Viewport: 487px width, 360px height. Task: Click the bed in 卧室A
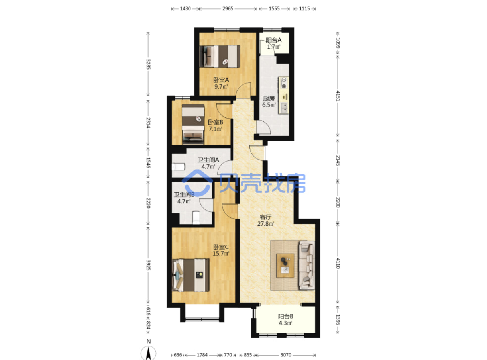pos(220,56)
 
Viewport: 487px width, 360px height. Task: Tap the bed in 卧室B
pos(193,124)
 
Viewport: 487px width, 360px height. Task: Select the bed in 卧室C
pos(190,275)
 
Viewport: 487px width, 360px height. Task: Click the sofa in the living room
pos(307,265)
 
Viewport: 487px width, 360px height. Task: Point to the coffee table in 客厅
pos(285,266)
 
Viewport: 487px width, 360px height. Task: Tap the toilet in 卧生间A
pos(178,167)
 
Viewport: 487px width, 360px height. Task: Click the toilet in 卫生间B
pos(196,217)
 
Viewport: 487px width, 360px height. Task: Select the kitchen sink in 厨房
pos(284,108)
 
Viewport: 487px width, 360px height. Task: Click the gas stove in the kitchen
pos(283,83)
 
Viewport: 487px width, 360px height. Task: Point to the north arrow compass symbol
pos(149,353)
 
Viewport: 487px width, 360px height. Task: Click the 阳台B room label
pos(285,316)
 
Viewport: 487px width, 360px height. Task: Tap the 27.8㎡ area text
pos(266,224)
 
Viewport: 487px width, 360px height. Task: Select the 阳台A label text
pos(273,40)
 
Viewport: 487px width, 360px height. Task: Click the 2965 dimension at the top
pos(228,8)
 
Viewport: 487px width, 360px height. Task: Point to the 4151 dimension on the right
pos(338,96)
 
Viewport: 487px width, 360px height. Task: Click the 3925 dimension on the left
pos(148,265)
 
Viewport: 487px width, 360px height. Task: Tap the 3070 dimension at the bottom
pos(286,355)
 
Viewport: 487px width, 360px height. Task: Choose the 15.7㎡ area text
pos(221,253)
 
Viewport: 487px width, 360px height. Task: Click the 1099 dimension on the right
pos(338,43)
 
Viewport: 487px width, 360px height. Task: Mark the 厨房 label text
pos(269,98)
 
